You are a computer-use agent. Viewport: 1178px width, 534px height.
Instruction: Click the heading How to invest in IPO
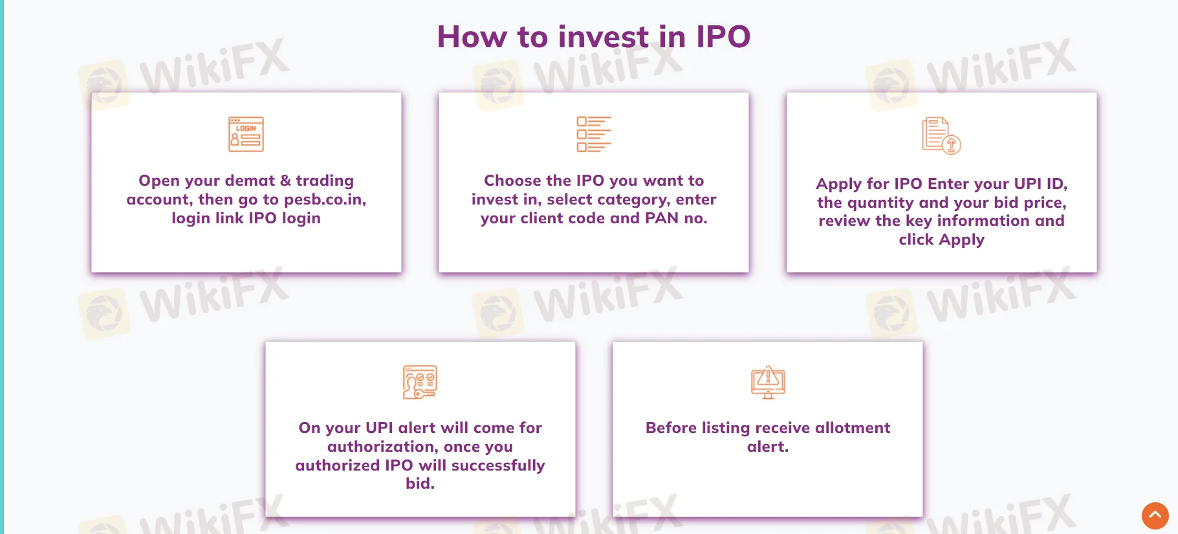pyautogui.click(x=593, y=37)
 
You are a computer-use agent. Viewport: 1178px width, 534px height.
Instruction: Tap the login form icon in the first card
pyautogui.click(x=246, y=134)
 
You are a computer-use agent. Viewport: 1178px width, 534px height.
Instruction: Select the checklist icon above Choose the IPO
pyautogui.click(x=593, y=134)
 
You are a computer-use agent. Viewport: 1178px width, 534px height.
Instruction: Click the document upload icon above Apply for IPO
pyautogui.click(x=941, y=135)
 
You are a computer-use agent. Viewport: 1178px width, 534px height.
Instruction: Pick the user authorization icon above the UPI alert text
pyautogui.click(x=420, y=382)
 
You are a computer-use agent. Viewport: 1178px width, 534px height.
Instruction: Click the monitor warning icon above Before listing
pyautogui.click(x=768, y=382)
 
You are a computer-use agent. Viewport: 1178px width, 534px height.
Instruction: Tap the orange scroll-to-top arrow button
pyautogui.click(x=1155, y=516)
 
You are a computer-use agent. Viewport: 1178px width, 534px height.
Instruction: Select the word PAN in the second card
pyautogui.click(x=662, y=219)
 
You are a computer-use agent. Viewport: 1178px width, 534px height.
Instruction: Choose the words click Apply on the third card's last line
pyautogui.click(x=941, y=240)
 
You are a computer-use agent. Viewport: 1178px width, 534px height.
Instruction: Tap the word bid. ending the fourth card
pyautogui.click(x=420, y=484)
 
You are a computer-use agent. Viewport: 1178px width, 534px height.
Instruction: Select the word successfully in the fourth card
pyautogui.click(x=498, y=466)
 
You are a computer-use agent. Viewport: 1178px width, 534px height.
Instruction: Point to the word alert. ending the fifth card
pyautogui.click(x=767, y=447)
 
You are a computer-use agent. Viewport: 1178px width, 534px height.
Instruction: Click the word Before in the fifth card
pyautogui.click(x=671, y=428)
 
